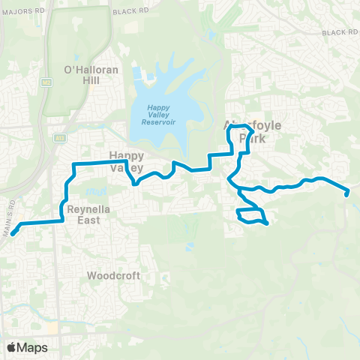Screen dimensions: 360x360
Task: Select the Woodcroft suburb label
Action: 113,275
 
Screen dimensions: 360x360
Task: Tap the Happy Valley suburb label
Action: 126,162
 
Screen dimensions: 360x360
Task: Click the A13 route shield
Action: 60,138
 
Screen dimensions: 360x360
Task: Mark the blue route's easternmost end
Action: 347,194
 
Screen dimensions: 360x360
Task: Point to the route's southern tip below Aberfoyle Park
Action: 266,223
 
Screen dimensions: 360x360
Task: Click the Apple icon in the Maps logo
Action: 12,347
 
